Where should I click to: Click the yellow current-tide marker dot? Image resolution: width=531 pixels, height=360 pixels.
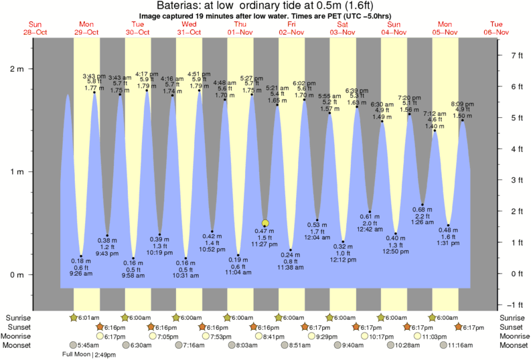(266, 223)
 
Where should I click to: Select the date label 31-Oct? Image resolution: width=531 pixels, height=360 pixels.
(189, 32)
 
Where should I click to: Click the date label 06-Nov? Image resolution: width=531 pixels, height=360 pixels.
(497, 32)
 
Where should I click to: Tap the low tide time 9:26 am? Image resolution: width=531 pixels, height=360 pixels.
(81, 273)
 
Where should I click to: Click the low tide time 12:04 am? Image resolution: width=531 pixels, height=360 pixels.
(317, 237)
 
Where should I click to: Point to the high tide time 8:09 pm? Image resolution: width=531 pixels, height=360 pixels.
(463, 104)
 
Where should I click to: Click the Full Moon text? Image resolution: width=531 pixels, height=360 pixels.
(76, 354)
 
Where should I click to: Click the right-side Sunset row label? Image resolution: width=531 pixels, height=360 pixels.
(512, 327)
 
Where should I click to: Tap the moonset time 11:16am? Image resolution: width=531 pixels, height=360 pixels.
(463, 345)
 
